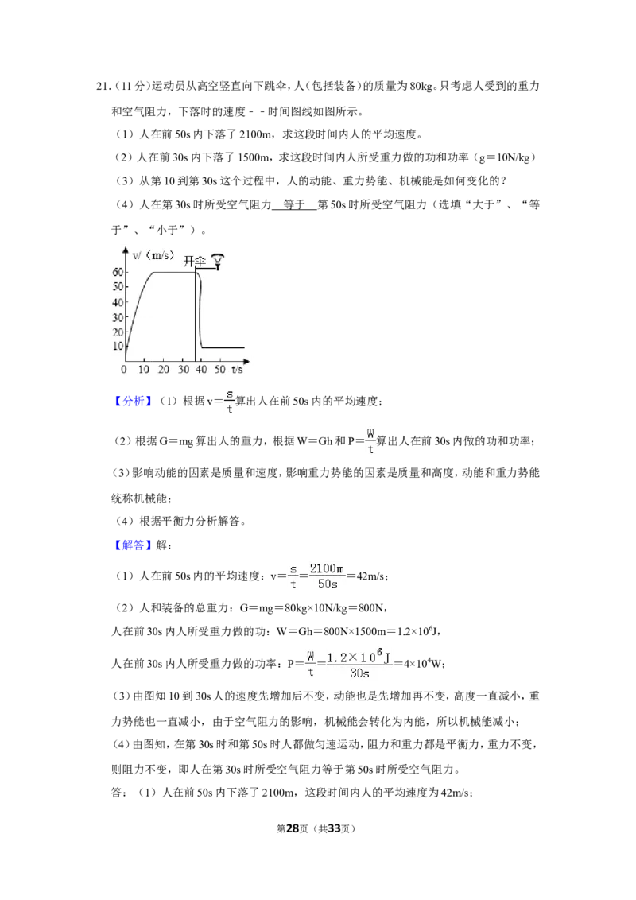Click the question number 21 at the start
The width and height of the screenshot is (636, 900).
pos(102,87)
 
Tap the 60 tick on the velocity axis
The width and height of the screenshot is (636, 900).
pos(118,272)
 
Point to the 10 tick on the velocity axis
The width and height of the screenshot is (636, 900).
pos(118,346)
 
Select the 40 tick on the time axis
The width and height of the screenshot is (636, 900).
pos(201,369)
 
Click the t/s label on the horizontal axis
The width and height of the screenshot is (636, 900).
pos(236,369)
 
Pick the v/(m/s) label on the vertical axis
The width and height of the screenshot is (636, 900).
pos(153,255)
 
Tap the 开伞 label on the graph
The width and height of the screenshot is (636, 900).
pos(194,262)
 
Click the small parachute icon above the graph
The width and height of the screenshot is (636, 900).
pos(218,261)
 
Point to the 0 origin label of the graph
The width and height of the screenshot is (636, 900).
pos(124,369)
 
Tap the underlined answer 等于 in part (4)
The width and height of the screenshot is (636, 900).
pos(294,204)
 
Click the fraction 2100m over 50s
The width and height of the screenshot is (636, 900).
pos(328,576)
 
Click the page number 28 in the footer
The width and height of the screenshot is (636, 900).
pos(293,828)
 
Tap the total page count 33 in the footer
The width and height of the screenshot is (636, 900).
pos(335,828)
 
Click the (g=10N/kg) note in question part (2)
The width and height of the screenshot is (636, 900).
pos(504,157)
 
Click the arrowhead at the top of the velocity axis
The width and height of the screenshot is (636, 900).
pos(126,250)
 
